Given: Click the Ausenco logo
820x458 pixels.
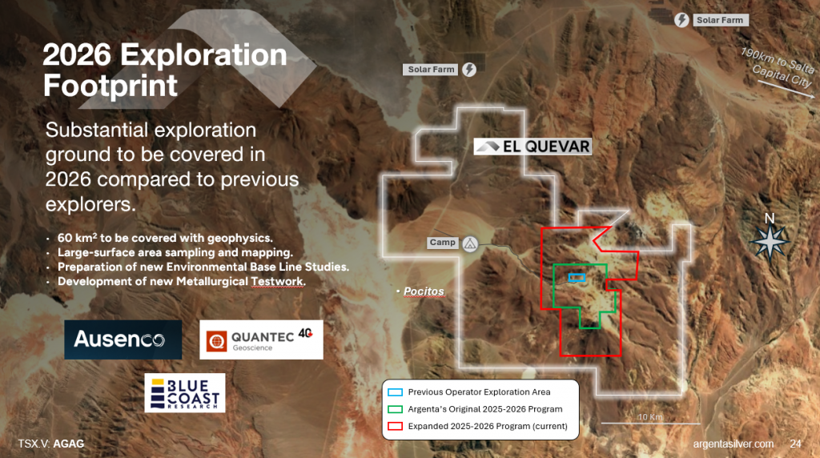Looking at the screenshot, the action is [x=123, y=339].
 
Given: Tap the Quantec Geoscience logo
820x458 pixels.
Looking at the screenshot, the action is [x=261, y=339].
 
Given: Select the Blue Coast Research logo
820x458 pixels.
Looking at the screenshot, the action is [x=185, y=392].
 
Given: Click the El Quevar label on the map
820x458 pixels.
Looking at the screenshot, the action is [x=533, y=147].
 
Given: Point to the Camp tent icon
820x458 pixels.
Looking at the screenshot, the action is [x=470, y=243].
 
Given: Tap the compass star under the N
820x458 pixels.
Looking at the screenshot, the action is [x=770, y=242].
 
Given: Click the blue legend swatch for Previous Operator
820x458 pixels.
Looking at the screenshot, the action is [x=395, y=392].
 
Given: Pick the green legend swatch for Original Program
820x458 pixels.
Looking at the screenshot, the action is [x=395, y=409].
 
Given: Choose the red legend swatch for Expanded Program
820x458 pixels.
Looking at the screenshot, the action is [x=395, y=426].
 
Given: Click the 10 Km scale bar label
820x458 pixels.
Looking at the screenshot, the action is [x=650, y=416].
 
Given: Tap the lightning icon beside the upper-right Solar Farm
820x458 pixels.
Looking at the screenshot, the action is [x=681, y=20].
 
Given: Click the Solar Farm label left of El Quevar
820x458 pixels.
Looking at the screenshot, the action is [x=431, y=70].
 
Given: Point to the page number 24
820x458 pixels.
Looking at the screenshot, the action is [x=795, y=444].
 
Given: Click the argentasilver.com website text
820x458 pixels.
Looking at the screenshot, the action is [x=734, y=444].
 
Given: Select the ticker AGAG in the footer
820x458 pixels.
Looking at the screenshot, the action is [x=69, y=444].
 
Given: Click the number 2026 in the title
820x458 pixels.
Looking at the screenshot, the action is [x=77, y=55].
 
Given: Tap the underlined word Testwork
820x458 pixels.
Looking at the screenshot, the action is [x=277, y=281].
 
